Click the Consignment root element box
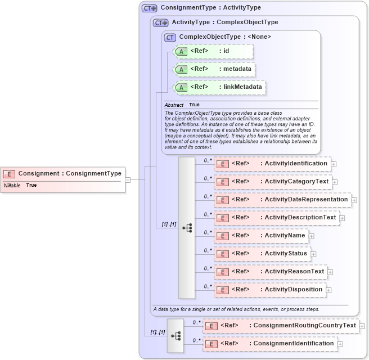coord(63,174)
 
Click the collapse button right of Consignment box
coord(128,180)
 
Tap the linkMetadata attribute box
coord(219,88)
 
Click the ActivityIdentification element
coord(272,164)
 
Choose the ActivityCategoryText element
coord(273,182)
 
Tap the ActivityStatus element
coord(262,254)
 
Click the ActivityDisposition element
coord(270,290)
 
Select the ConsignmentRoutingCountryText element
coord(280,326)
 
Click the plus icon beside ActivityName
coord(312,236)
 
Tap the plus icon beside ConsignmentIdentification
coord(340,344)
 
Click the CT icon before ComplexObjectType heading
coord(170,37)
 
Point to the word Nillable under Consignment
coord(12,185)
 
